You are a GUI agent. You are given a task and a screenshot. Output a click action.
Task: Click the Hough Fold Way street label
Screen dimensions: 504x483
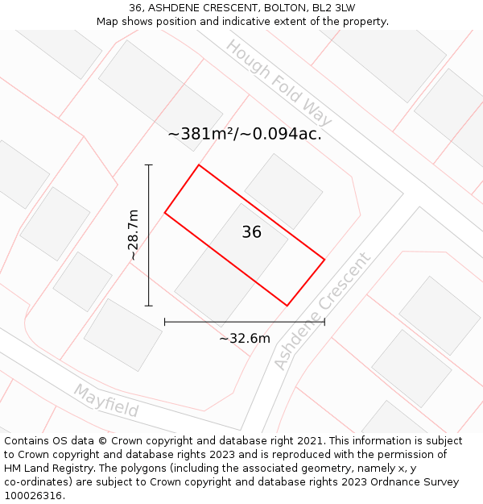(x=279, y=89)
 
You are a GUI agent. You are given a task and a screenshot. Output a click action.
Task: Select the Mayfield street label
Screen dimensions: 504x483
(x=106, y=401)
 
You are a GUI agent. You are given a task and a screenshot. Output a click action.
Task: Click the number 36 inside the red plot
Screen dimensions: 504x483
(x=251, y=232)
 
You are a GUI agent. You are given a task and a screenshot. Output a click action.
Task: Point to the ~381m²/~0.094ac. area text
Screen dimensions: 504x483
(x=245, y=135)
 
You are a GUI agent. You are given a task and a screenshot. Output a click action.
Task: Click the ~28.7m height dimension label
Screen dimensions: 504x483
(x=134, y=235)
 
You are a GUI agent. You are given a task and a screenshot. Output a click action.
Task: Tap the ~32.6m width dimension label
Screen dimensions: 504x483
(x=245, y=339)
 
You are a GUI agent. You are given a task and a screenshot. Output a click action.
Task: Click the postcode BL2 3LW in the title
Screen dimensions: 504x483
(x=333, y=8)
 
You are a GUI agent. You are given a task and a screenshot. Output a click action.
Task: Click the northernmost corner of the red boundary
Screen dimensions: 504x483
(x=198, y=165)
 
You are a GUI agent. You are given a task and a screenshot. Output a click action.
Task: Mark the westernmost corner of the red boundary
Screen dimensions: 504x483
(x=165, y=212)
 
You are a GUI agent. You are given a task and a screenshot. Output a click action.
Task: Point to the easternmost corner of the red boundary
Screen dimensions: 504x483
(x=324, y=260)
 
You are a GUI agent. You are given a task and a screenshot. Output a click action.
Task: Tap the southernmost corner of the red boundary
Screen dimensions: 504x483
(x=287, y=306)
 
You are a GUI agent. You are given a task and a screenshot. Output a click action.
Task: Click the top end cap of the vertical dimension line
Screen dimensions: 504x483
(x=149, y=165)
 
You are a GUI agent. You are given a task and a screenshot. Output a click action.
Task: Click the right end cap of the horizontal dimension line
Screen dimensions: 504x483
(x=324, y=322)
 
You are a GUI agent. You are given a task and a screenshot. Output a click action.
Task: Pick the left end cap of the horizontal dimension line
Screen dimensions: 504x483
(x=165, y=322)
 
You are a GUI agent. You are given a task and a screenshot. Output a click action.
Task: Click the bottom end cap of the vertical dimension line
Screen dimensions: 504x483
(x=149, y=306)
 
